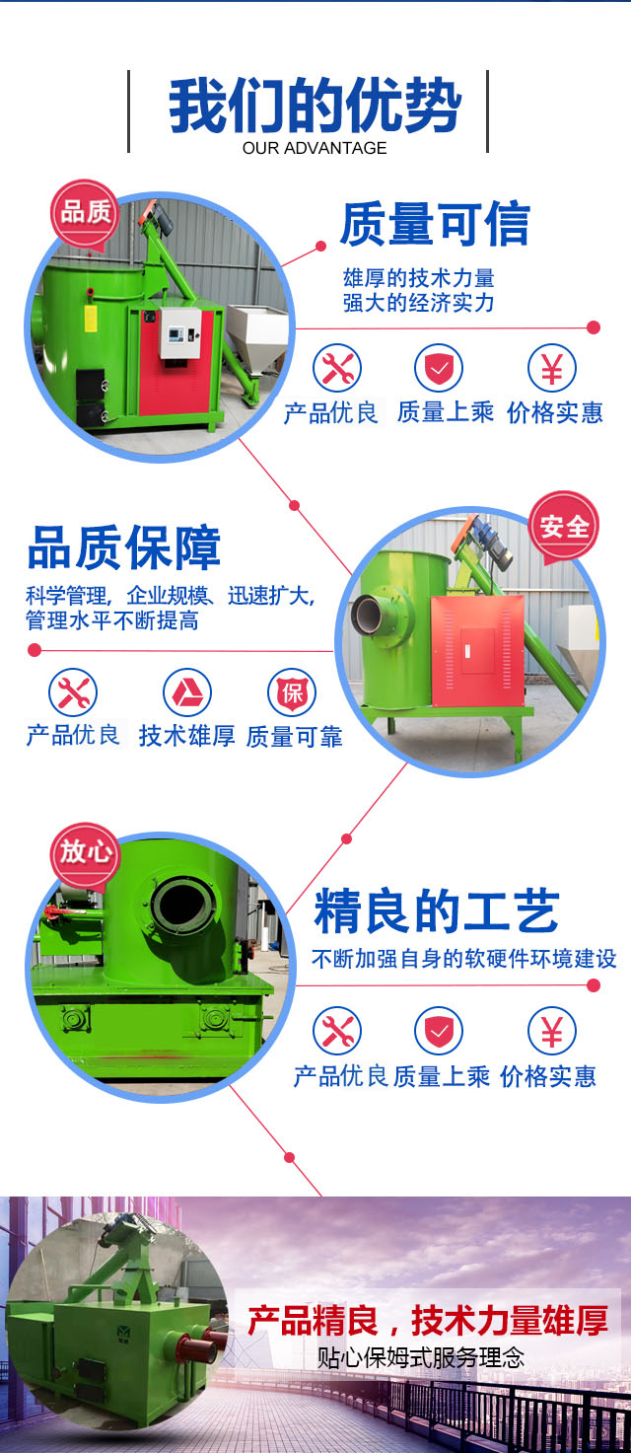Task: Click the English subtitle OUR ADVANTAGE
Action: click(x=315, y=148)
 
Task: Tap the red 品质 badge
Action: click(x=85, y=214)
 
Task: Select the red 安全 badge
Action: click(x=564, y=527)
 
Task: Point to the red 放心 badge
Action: click(x=85, y=853)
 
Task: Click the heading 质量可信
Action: click(x=435, y=224)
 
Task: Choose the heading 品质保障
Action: click(x=124, y=547)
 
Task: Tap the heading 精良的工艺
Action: click(x=437, y=911)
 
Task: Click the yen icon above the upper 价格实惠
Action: click(x=551, y=369)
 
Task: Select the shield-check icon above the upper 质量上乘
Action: click(x=439, y=369)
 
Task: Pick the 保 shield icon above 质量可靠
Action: click(x=292, y=692)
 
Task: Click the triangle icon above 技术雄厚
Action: click(x=186, y=692)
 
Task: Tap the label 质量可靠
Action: click(x=295, y=737)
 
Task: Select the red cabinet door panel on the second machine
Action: click(x=477, y=651)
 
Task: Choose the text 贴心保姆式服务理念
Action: click(x=420, y=1358)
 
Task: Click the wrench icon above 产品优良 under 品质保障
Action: click(x=73, y=692)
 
